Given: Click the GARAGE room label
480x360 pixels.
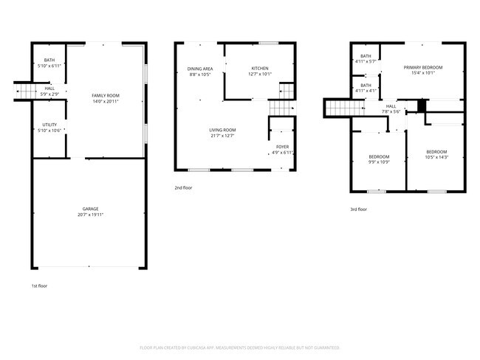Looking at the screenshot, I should click(x=90, y=209).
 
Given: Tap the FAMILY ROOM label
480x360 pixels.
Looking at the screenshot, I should click(x=105, y=96).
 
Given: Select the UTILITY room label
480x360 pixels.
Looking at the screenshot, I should click(x=50, y=126).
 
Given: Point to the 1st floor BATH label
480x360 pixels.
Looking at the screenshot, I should click(x=49, y=60).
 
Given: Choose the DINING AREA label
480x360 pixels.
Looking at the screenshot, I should click(x=199, y=69).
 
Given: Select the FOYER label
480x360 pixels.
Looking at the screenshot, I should click(x=282, y=147).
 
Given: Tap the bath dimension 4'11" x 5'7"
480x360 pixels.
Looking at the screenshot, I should click(x=366, y=62).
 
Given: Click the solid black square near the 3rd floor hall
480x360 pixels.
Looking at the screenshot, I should click(x=422, y=105).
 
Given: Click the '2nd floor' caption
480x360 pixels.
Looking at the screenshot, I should click(x=184, y=188).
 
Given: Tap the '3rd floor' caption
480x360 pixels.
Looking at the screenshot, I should click(x=358, y=209).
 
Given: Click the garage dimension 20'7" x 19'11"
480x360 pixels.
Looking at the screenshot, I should click(x=90, y=215).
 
